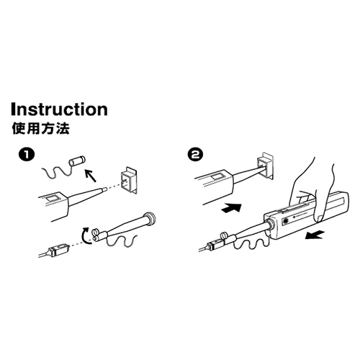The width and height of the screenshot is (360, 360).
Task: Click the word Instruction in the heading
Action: point(59,109)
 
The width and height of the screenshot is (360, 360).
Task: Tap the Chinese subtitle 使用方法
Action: point(41,128)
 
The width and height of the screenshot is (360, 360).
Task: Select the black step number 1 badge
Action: point(27,155)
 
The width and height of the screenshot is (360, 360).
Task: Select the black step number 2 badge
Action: point(196,155)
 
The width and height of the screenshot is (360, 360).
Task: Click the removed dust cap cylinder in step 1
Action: point(78,161)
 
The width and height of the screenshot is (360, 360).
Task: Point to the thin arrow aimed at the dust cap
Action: point(91,176)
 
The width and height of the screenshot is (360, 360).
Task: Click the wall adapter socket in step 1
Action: point(129,180)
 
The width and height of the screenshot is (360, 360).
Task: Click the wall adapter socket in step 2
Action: point(265,166)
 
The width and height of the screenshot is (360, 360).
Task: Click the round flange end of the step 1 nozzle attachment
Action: point(150,218)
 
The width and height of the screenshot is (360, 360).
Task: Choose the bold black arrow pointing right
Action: point(231,207)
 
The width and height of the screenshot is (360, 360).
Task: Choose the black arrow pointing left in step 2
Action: point(315,235)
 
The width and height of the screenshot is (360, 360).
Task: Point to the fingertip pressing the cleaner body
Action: point(319,217)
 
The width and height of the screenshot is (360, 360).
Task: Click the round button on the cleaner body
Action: point(286,220)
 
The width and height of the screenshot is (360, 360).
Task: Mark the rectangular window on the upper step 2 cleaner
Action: point(217,177)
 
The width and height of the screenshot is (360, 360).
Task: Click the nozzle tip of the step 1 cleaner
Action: point(104,189)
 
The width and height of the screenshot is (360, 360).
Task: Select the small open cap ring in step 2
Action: point(225,236)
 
